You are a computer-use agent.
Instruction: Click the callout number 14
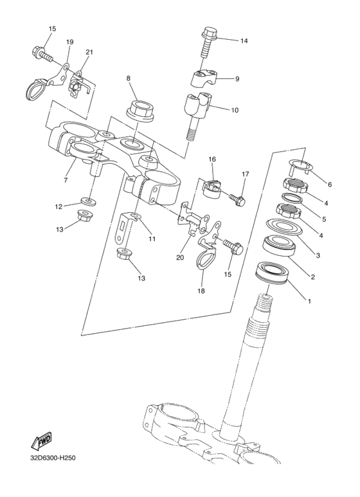click(x=244, y=41)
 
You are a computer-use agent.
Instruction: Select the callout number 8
click(x=129, y=78)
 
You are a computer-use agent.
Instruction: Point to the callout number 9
click(x=237, y=79)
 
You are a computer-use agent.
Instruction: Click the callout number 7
click(x=66, y=181)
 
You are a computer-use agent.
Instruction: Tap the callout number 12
click(x=59, y=206)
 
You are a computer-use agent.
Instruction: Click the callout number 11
click(x=152, y=239)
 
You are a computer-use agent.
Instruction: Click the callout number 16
click(x=212, y=159)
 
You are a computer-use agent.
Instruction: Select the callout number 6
click(x=330, y=185)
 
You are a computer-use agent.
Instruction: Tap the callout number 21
click(x=89, y=52)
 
